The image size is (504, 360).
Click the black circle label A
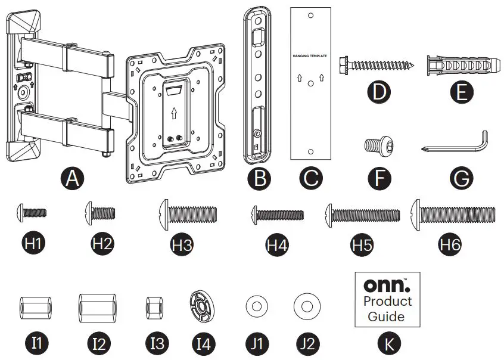coord(73,178)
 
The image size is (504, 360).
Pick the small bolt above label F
coord(375,145)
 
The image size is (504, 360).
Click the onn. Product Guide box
coord(387,299)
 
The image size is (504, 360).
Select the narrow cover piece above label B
coord(259,83)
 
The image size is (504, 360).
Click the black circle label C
coord(311,178)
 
